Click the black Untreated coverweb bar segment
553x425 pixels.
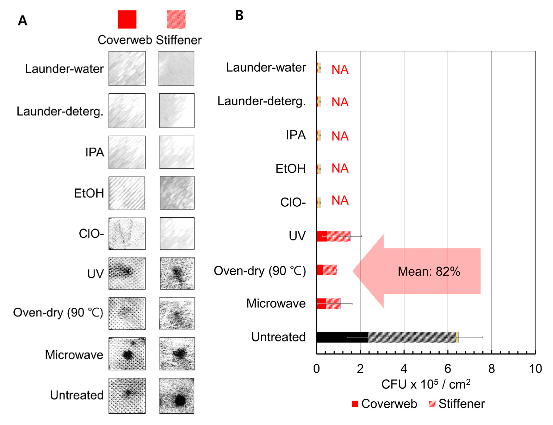tap(342, 337)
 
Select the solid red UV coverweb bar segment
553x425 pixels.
tap(322, 236)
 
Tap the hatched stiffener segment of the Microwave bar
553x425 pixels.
tap(333, 304)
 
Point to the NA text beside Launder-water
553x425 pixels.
tap(340, 70)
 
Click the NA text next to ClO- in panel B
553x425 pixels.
tap(340, 200)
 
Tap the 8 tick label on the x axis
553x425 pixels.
tap(492, 369)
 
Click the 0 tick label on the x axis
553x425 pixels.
tap(316, 369)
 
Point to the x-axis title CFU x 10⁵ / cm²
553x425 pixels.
tap(426, 385)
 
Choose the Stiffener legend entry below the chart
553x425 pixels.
tap(457, 404)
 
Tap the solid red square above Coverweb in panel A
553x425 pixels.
tap(127, 20)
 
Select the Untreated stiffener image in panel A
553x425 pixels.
tap(177, 396)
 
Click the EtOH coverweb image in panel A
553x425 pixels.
tap(127, 193)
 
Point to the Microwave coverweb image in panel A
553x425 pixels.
tap(127, 354)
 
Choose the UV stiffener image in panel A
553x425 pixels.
tap(177, 273)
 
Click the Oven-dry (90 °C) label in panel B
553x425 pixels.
tap(260, 271)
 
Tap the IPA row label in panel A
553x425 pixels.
tap(94, 152)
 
